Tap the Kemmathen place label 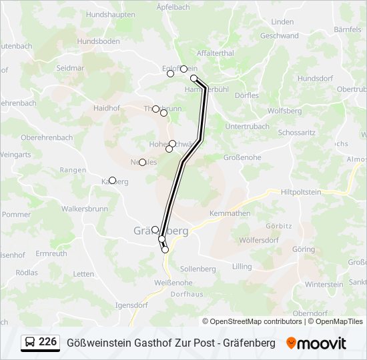[x=229, y=213]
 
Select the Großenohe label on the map [x=241, y=157]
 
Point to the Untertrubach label [x=248, y=126]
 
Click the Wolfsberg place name [x=284, y=111]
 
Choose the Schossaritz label [x=296, y=133]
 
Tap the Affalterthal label [x=216, y=53]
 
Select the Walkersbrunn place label [x=85, y=209]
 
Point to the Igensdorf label [x=131, y=305]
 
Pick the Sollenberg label [x=198, y=269]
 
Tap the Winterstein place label [x=324, y=284]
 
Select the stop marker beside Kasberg [x=112, y=180]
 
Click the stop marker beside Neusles [x=142, y=162]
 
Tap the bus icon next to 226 [x=30, y=343]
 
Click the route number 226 [x=48, y=342]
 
